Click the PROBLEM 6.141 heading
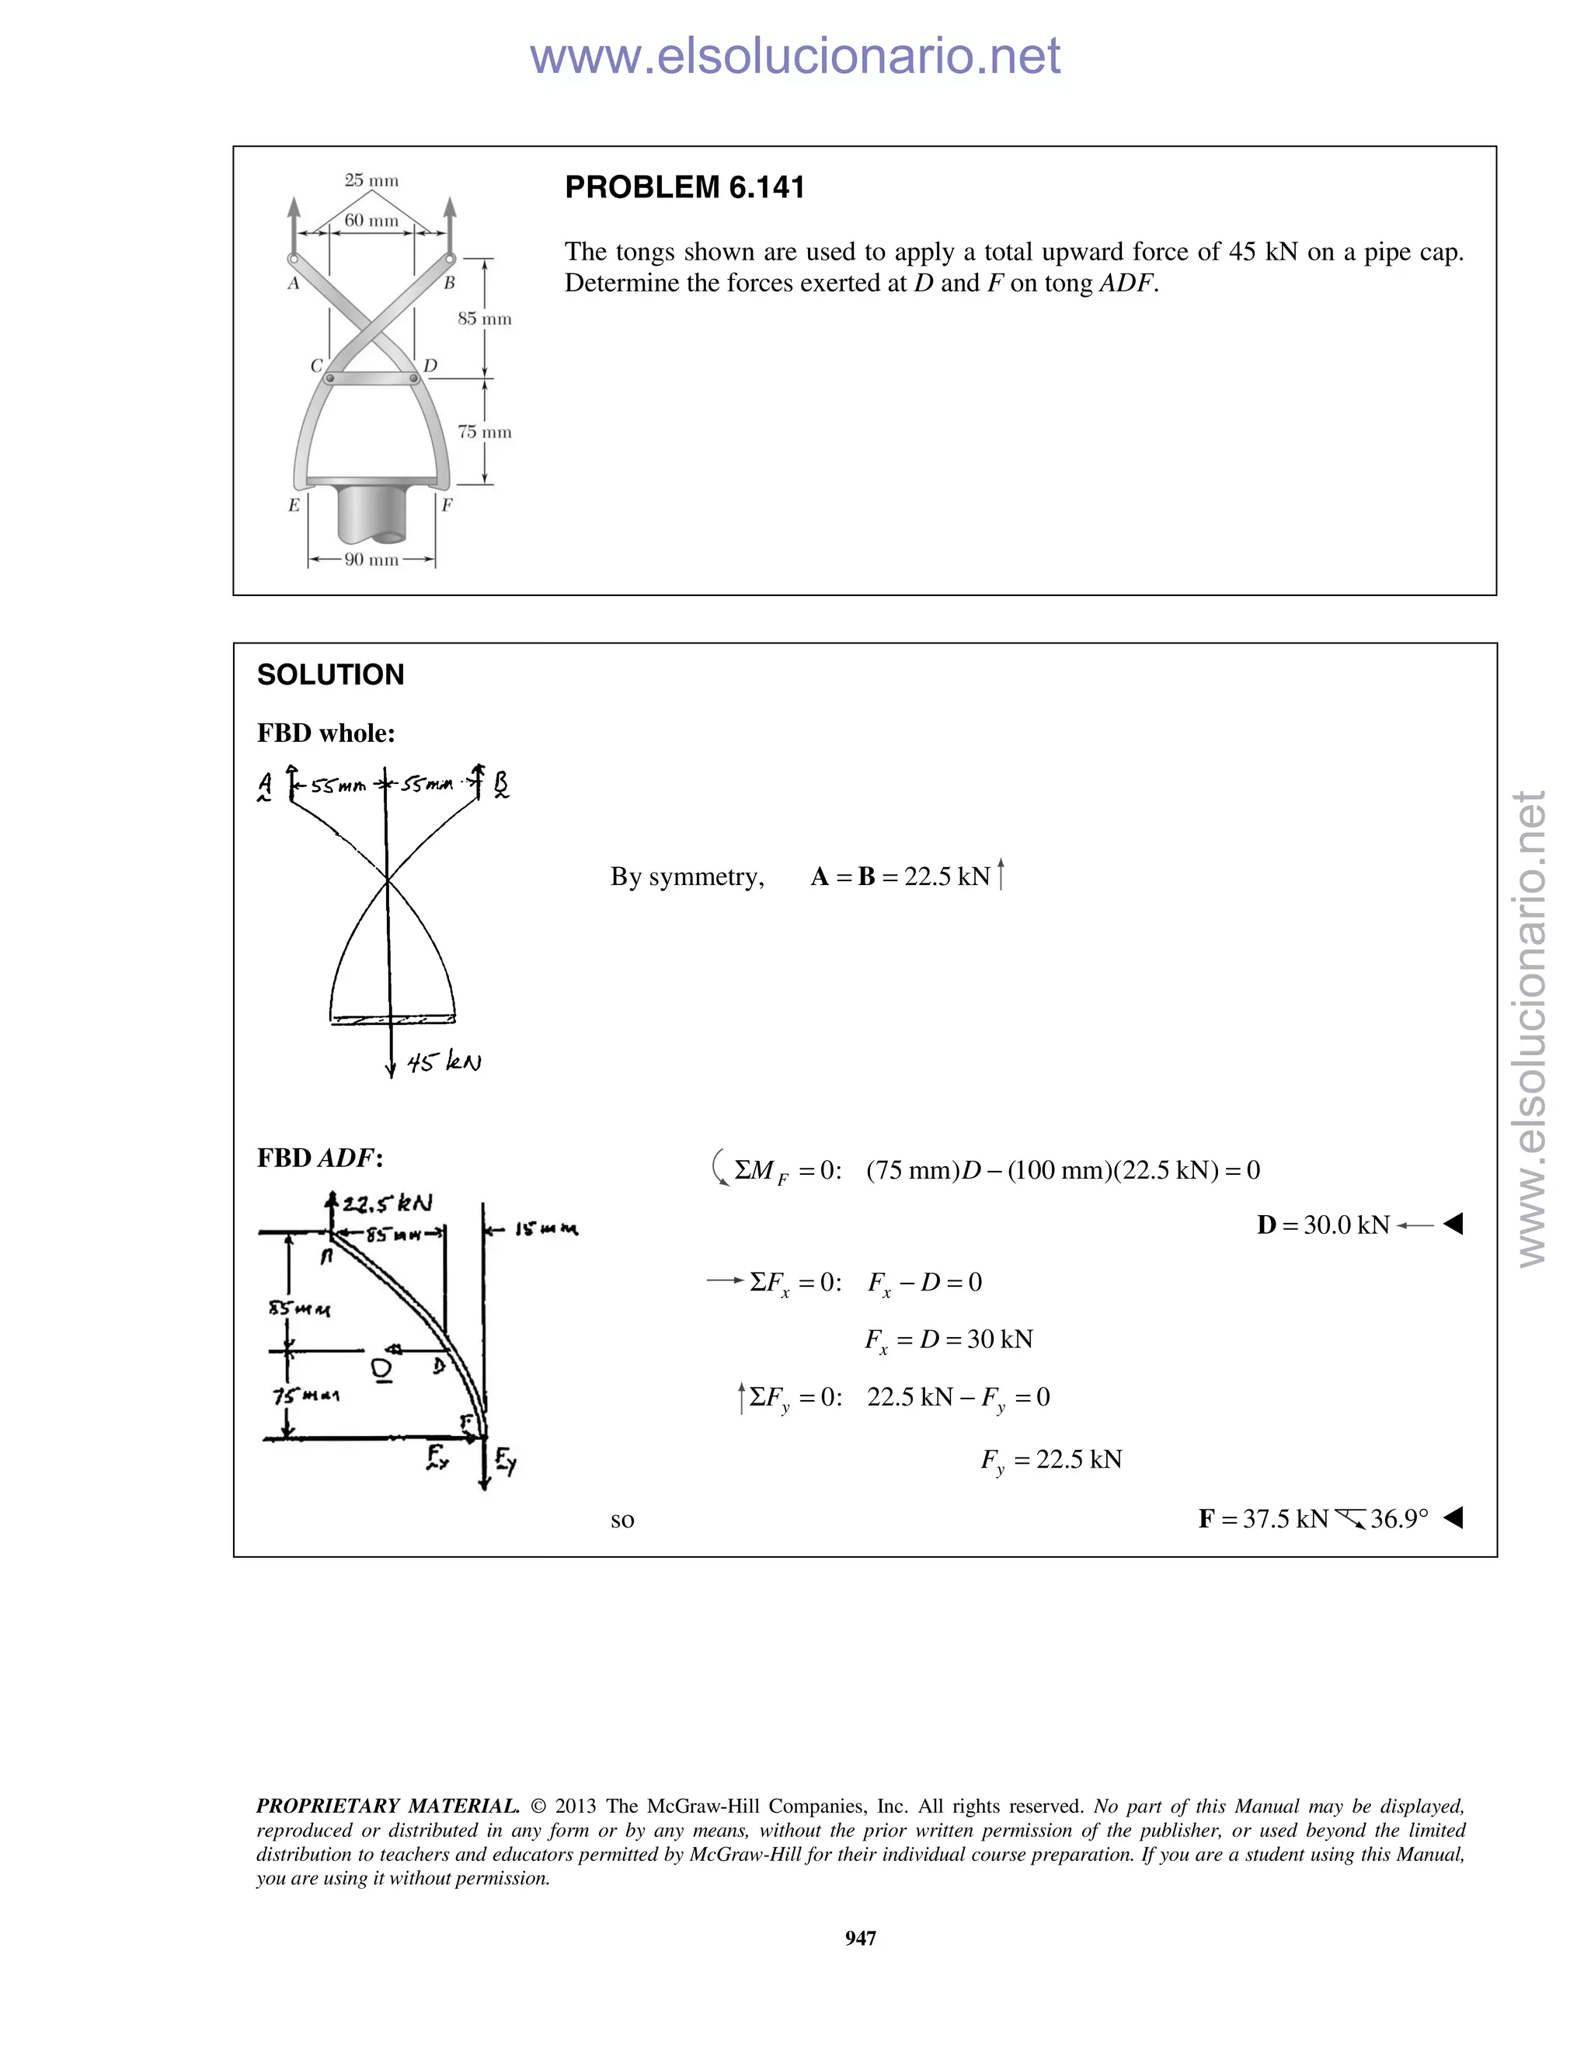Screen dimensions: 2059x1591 coord(684,187)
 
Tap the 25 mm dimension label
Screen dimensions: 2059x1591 coord(371,180)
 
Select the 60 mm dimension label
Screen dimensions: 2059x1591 coord(371,221)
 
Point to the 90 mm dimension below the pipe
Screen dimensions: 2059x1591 coord(371,560)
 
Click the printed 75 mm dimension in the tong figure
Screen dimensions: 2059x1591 coord(485,433)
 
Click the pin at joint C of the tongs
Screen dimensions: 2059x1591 coord(329,379)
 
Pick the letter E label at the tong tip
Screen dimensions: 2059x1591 coord(294,505)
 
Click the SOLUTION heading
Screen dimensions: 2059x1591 coord(330,675)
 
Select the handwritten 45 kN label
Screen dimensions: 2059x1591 coord(444,1062)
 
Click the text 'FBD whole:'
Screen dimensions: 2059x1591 coord(326,733)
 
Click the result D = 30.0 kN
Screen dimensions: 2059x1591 coord(1323,1225)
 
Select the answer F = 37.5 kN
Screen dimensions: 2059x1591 coord(1263,1519)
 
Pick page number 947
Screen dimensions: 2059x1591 coord(861,1939)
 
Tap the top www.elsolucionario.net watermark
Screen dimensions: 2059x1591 coord(795,56)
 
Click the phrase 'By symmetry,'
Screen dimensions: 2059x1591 coord(687,876)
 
